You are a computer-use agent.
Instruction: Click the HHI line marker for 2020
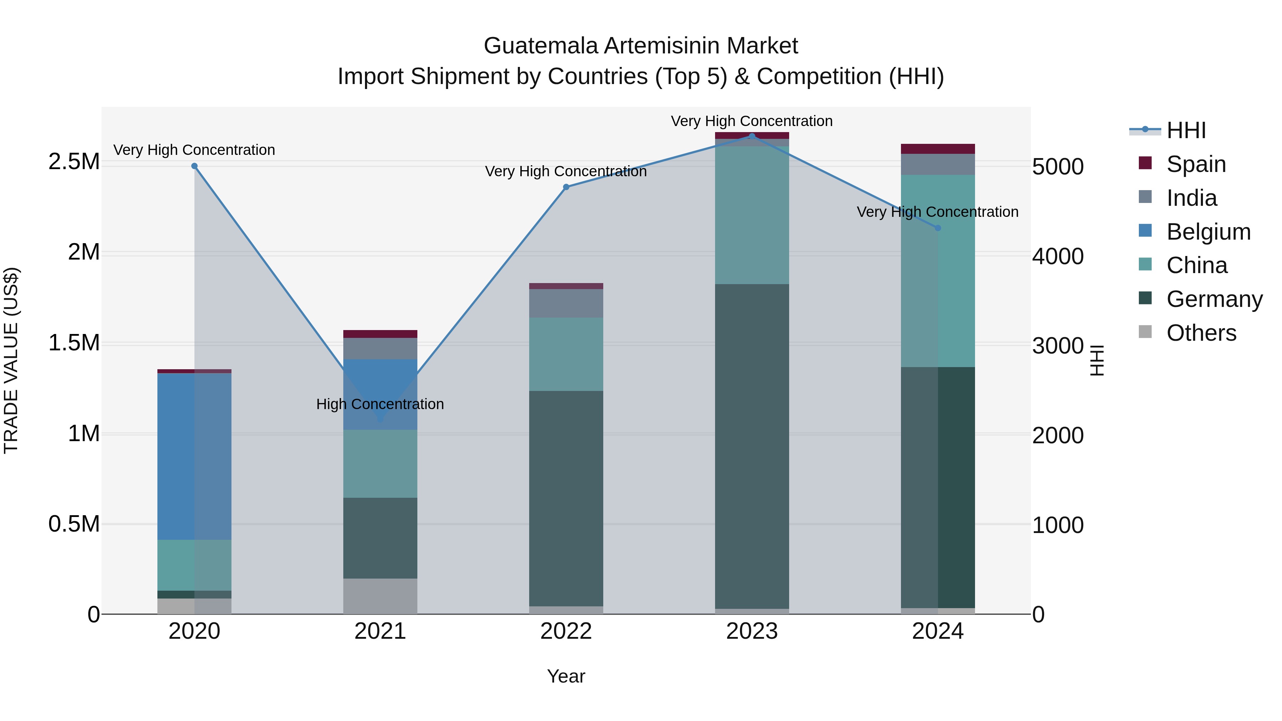point(194,166)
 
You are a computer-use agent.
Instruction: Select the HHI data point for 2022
point(566,187)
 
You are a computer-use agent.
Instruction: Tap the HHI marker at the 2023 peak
point(752,136)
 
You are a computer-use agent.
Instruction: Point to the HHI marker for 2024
point(938,228)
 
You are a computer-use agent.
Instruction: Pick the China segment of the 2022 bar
point(566,354)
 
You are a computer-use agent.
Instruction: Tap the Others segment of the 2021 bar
point(380,596)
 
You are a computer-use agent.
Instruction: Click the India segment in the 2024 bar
point(938,164)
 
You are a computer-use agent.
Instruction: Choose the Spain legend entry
point(1195,164)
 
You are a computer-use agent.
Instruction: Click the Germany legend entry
point(1213,299)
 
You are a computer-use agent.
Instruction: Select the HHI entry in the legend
point(1185,130)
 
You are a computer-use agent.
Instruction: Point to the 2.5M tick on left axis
point(74,161)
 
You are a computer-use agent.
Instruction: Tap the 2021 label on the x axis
point(380,631)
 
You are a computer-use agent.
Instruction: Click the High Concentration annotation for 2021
point(380,404)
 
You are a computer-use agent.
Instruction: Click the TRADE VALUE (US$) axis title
point(11,360)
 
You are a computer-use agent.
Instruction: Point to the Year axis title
point(566,676)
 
